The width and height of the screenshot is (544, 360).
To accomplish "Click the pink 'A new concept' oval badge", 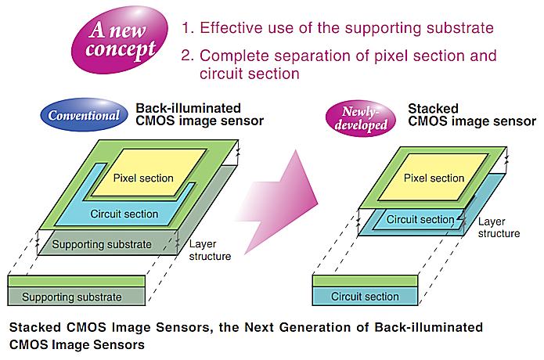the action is (120, 40).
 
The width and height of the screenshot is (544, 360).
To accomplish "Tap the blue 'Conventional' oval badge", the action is (85, 114).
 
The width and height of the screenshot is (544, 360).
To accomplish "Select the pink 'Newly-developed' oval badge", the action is (361, 118).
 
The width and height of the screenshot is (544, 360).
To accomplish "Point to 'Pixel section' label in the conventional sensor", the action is (143, 178).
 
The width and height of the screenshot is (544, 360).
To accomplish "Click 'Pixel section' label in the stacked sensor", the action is (434, 178).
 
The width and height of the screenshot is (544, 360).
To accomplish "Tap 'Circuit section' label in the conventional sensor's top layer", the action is (124, 214).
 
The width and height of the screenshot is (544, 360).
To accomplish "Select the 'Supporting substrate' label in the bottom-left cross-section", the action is (72, 297).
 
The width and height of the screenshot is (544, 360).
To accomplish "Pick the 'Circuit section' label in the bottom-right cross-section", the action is (365, 296).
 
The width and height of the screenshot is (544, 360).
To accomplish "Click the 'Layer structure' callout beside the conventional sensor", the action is (210, 250).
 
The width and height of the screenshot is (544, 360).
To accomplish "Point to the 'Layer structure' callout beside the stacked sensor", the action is (499, 227).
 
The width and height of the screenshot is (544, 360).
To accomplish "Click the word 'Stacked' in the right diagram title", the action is (433, 109).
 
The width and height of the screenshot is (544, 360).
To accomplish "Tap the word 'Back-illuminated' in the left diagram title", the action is (188, 108).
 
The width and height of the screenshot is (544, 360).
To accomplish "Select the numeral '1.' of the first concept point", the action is (188, 27).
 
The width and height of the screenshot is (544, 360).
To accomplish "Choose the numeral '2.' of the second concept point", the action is (187, 56).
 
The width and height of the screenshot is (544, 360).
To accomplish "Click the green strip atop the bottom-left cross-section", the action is (77, 281).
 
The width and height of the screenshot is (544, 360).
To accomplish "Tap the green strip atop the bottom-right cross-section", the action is (365, 281).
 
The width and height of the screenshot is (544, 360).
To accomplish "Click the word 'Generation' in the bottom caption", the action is (315, 327).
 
